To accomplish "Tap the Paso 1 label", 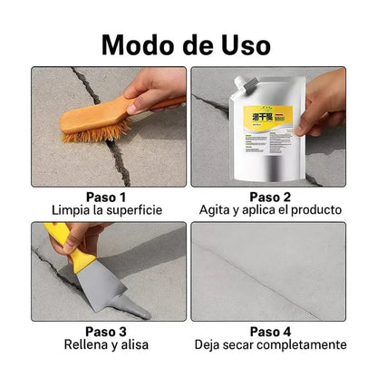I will click(106, 196).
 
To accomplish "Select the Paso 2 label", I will click(270, 196).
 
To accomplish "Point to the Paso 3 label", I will click(106, 331).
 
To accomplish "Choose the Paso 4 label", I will click(270, 331).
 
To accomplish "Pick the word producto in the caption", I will click(314, 210).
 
